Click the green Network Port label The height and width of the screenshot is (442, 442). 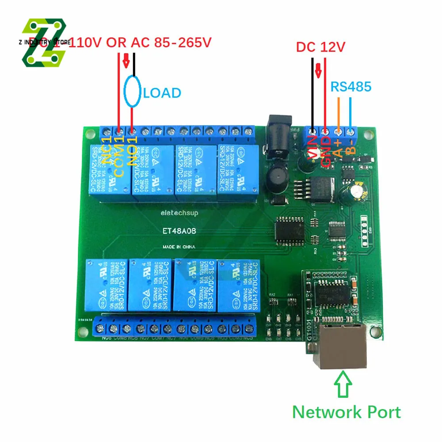click(x=347, y=412)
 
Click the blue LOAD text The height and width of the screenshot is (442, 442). click(x=162, y=93)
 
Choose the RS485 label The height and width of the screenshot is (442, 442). click(x=351, y=87)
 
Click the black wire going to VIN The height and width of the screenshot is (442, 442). click(x=312, y=93)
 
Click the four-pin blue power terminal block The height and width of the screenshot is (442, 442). click(x=332, y=131)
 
